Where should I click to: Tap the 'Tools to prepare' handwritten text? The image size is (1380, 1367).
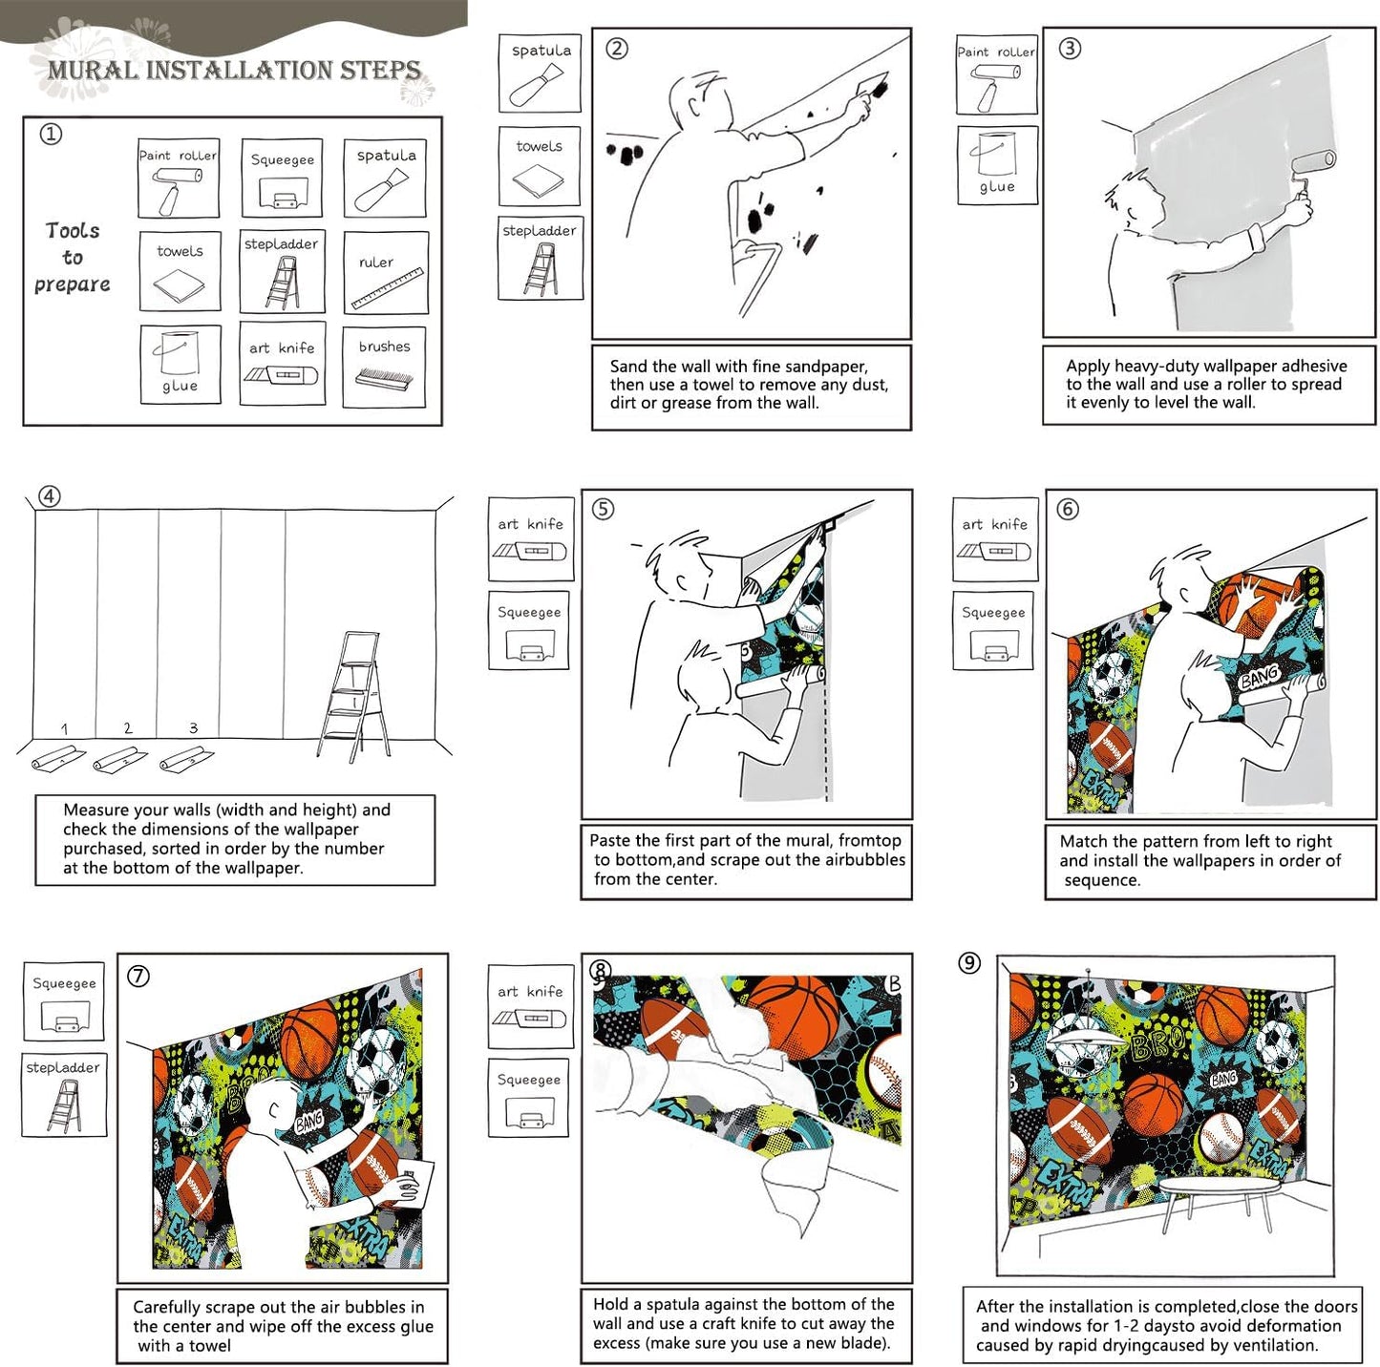(x=72, y=258)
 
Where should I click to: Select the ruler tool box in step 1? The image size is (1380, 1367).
(x=385, y=273)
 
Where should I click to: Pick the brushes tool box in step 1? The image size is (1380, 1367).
(x=384, y=367)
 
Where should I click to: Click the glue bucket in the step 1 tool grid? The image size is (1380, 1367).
(x=179, y=357)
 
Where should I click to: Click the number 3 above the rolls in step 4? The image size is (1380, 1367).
(x=193, y=727)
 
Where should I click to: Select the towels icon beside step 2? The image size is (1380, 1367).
(x=539, y=166)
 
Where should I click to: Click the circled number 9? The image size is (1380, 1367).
(x=969, y=963)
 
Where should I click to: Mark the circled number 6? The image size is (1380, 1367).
(x=1068, y=510)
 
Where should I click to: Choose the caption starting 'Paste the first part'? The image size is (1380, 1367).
(x=746, y=859)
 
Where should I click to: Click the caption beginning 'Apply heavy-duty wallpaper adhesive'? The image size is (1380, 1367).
(x=1207, y=384)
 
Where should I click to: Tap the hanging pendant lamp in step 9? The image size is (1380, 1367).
(x=1086, y=1030)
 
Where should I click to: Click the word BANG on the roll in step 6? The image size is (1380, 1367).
(x=1258, y=677)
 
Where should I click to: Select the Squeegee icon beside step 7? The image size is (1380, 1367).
(x=64, y=1001)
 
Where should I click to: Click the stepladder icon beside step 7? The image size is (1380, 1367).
(x=64, y=1095)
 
